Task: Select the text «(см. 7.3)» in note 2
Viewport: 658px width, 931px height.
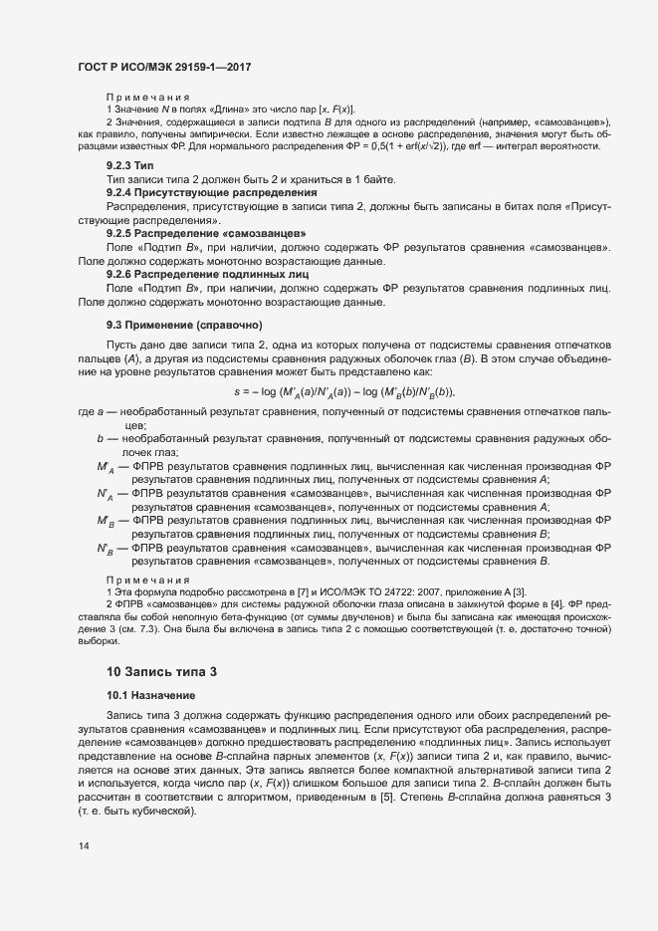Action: (125, 627)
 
